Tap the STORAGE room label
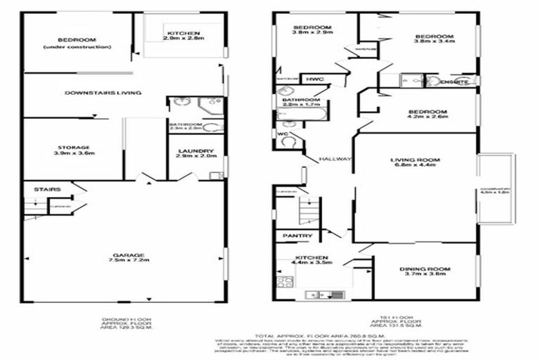coord(74,146)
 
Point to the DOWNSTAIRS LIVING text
coord(103,93)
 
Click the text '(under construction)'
coord(77,47)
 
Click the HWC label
coord(314,79)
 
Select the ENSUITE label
coord(450,82)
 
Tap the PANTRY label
coord(293,236)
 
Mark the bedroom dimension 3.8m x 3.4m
coord(433,44)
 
